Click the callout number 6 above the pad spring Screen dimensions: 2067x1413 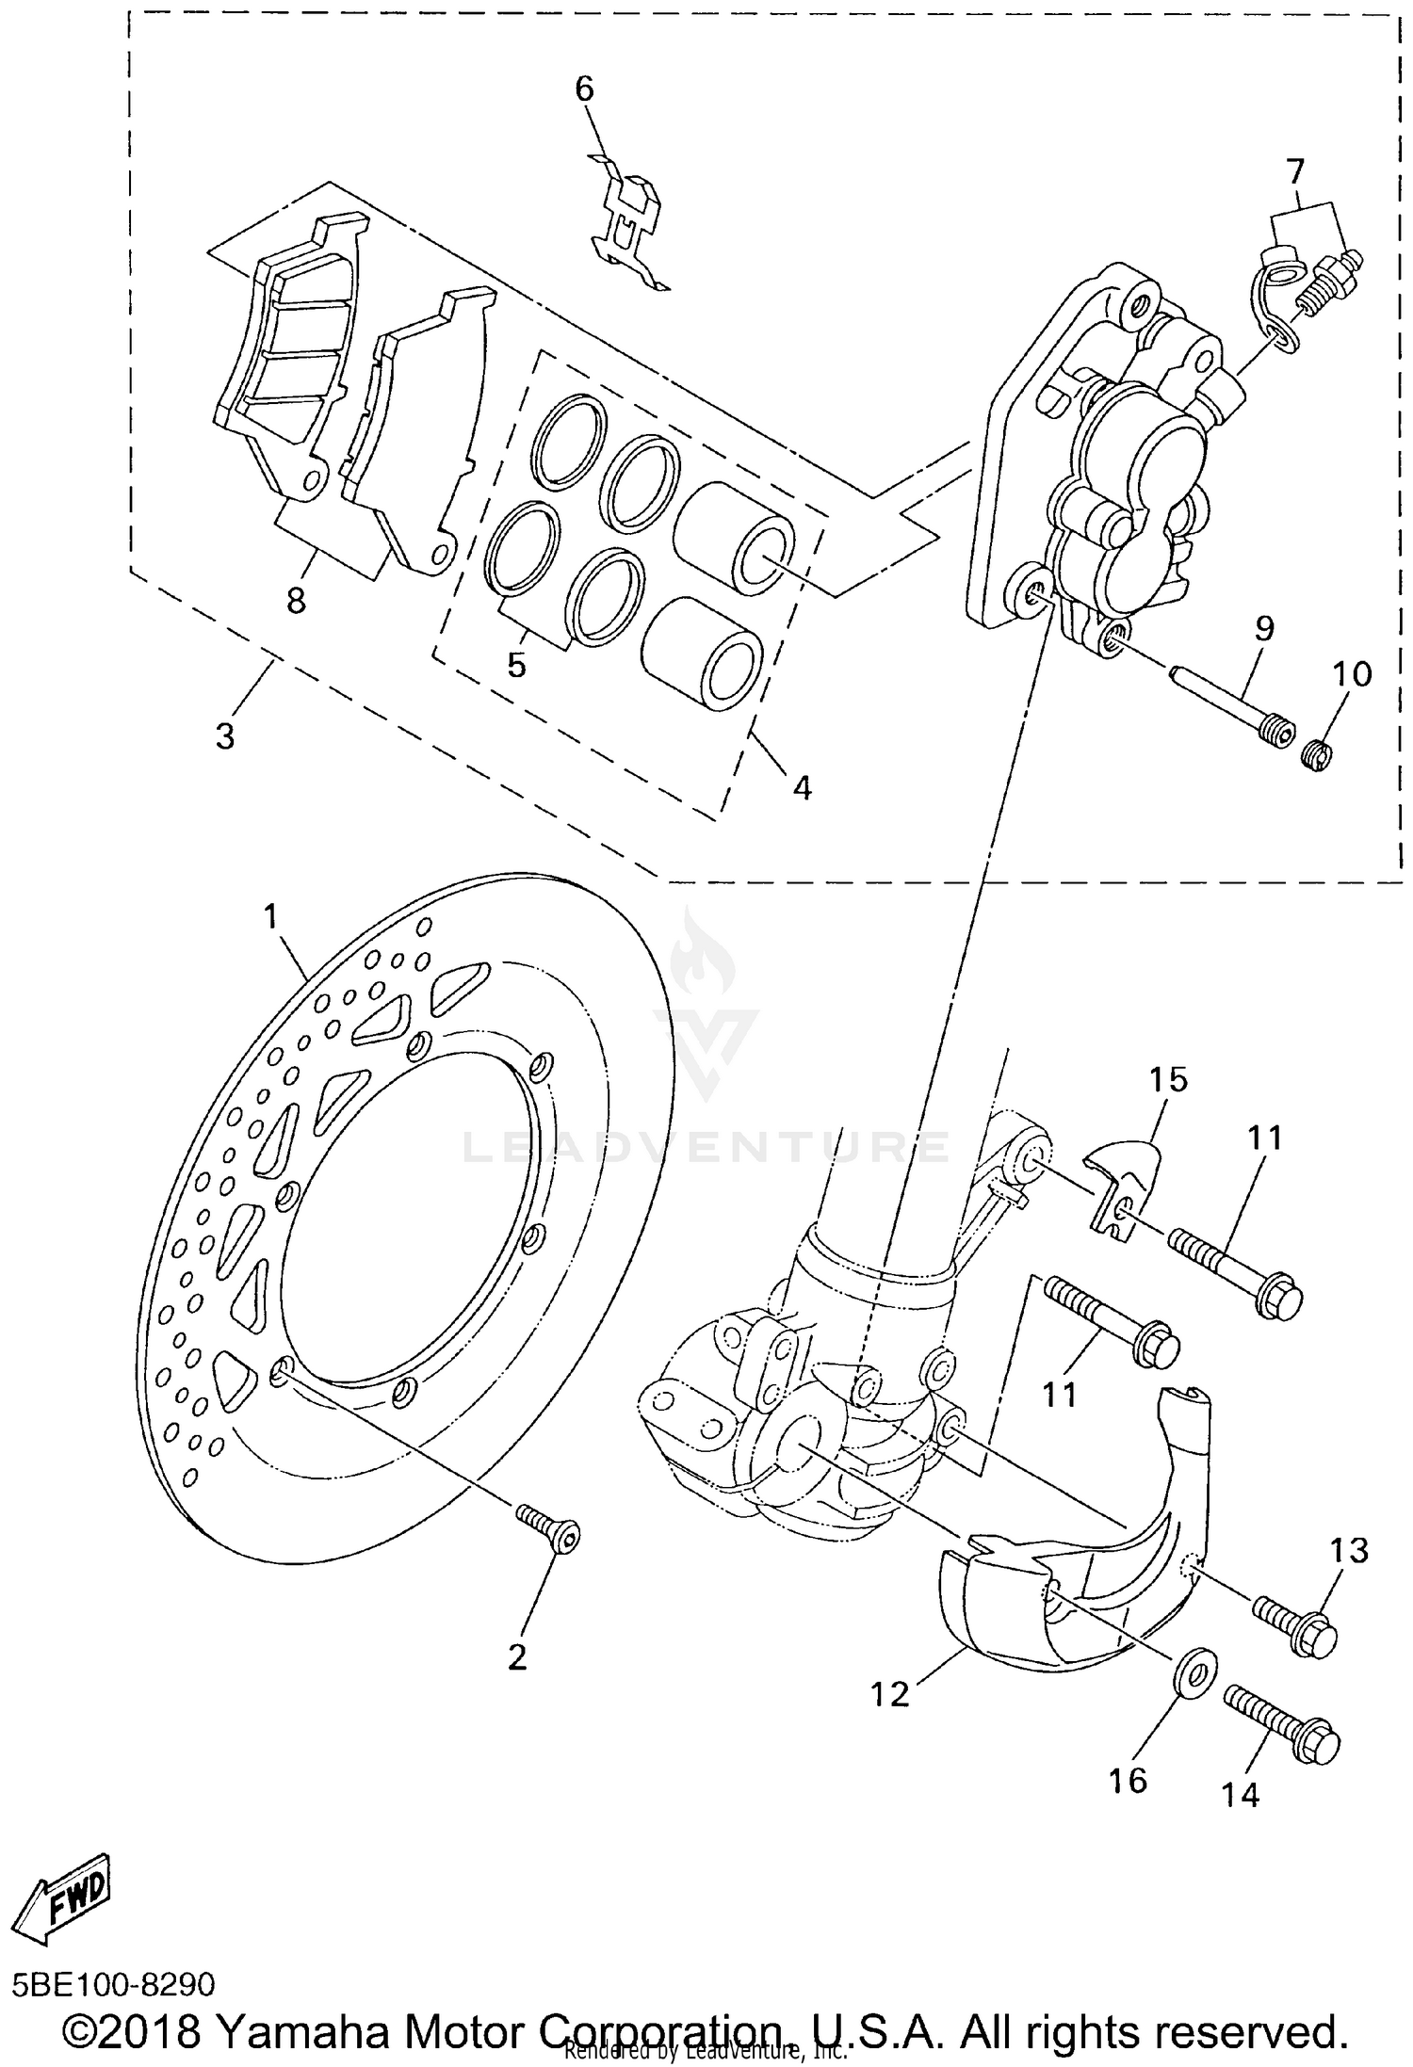[x=584, y=89]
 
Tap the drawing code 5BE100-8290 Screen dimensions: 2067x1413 [x=114, y=1981]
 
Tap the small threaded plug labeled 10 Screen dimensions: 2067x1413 [x=1315, y=754]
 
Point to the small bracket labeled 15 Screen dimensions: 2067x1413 [x=1123, y=1188]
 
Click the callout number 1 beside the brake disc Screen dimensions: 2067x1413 [x=271, y=916]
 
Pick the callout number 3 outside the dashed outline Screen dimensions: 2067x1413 [x=224, y=735]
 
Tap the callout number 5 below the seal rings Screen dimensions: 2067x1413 [x=515, y=664]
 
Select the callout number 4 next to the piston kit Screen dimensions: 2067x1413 [x=801, y=786]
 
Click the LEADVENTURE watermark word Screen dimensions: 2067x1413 [x=706, y=1146]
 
